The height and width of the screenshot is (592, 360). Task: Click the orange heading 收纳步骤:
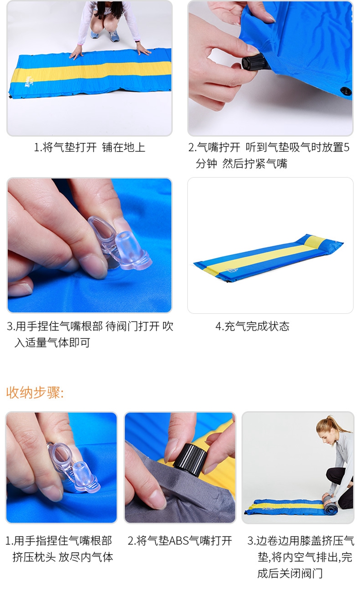tap(35, 392)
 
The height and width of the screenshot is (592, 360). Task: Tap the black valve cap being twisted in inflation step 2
tap(253, 62)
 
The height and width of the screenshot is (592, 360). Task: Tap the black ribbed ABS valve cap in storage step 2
tap(191, 459)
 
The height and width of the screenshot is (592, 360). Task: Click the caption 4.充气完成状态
tap(252, 326)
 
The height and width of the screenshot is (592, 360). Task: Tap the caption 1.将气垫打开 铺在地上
tap(90, 147)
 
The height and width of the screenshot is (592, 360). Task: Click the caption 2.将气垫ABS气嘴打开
tap(180, 541)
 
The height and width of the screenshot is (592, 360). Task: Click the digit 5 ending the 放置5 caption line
tap(347, 147)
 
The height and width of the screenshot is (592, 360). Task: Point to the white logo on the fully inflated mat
tap(231, 271)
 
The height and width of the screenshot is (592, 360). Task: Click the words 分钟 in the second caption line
tap(206, 164)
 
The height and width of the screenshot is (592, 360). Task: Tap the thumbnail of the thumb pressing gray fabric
tap(180, 467)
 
